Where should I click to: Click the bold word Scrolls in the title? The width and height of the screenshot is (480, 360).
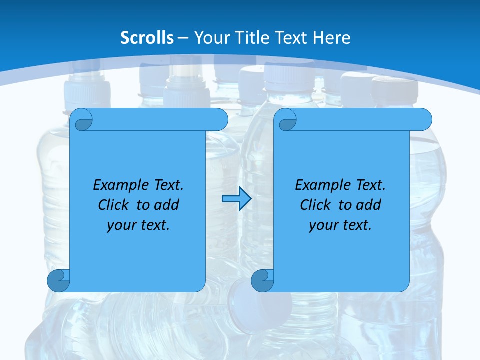pyautogui.click(x=147, y=38)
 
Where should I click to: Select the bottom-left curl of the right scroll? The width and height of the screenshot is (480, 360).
pyautogui.click(x=262, y=280)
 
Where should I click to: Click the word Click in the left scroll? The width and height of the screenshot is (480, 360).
pyautogui.click(x=113, y=205)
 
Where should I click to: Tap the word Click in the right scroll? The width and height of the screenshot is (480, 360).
pyautogui.click(x=315, y=205)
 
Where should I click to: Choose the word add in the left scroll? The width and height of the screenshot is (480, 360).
pyautogui.click(x=167, y=205)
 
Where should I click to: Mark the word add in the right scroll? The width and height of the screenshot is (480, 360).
pyautogui.click(x=369, y=205)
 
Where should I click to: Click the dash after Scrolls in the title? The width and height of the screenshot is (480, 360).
pyautogui.click(x=183, y=38)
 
